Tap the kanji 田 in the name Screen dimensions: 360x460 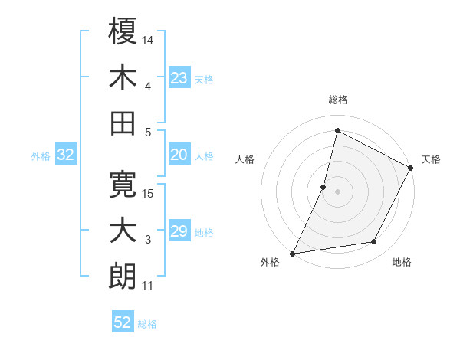123,123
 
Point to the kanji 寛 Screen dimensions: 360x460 123,185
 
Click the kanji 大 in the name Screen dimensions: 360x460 123,231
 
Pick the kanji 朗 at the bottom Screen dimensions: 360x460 123,277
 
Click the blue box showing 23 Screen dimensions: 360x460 179,77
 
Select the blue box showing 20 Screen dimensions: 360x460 179,155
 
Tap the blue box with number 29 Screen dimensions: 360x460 179,231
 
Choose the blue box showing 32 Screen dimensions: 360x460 66,155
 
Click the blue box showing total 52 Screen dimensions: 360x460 123,323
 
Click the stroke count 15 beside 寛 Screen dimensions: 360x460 149,194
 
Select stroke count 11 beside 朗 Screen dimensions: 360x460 148,286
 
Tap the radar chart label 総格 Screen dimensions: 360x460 338,100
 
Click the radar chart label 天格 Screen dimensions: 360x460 431,159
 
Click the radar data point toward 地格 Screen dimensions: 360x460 374,242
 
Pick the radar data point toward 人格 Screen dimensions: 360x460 324,187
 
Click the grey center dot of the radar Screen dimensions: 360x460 338,191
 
